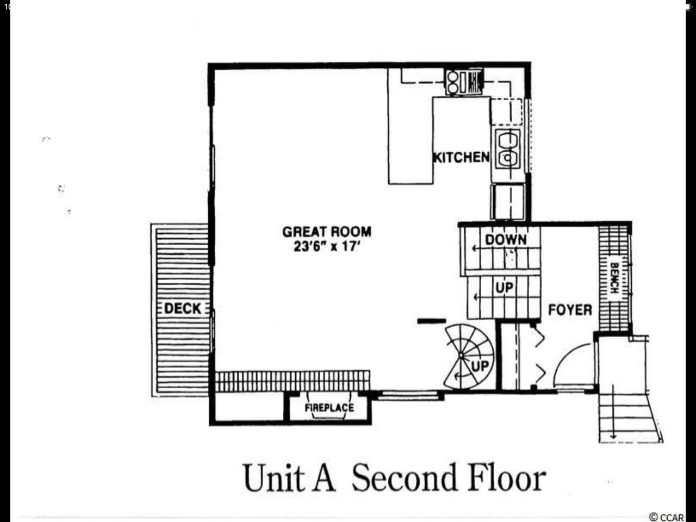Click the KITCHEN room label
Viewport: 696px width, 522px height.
pos(461,157)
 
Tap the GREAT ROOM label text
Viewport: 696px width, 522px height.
pos(327,232)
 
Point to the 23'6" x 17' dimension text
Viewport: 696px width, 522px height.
pos(327,246)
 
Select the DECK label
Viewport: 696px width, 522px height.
pos(183,308)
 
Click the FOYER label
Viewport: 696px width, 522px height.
pos(570,309)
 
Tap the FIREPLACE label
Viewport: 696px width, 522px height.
pos(329,408)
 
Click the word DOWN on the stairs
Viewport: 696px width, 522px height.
pos(506,240)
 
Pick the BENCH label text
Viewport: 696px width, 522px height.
pos(614,278)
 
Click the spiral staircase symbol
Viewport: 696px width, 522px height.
pos(469,356)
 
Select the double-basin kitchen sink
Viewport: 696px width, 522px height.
pos(508,148)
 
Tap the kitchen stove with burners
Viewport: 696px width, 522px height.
pos(464,83)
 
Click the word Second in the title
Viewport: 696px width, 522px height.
pos(405,478)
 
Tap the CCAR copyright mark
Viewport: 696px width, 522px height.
pos(666,517)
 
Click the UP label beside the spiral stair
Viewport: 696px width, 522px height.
pos(480,366)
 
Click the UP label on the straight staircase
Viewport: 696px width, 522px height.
pos(505,288)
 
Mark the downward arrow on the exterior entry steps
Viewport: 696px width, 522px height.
pos(613,412)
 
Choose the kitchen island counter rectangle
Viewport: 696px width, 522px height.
pos(411,126)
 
